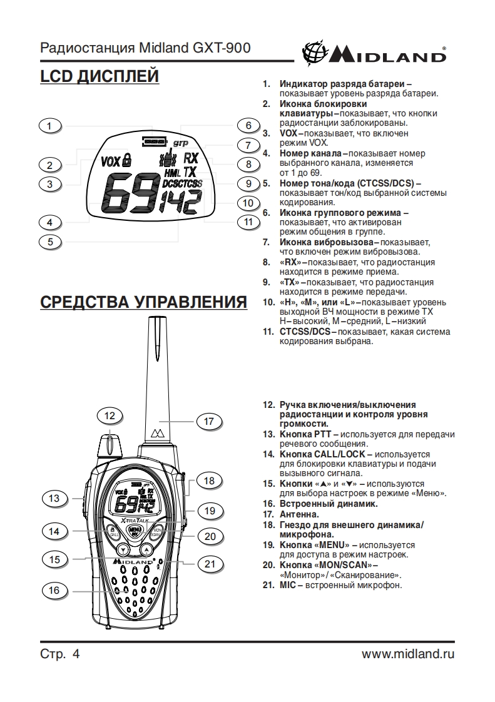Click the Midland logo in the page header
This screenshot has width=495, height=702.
374,53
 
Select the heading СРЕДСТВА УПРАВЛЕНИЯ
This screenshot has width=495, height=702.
143,302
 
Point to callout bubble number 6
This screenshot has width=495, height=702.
248,125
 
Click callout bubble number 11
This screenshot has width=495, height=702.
248,221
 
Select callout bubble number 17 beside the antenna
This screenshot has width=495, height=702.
209,421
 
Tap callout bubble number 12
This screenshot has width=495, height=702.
110,415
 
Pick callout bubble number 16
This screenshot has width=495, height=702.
54,590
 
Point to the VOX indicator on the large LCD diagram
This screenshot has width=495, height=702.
110,161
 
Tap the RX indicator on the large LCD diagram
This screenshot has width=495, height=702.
191,158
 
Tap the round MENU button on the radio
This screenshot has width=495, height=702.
134,531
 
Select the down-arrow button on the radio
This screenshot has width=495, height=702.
123,550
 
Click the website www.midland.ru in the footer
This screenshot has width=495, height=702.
408,654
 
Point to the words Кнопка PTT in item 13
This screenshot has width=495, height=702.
305,434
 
